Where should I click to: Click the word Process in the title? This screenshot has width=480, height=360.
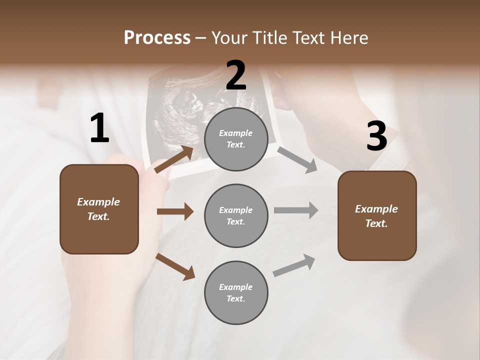point(157,37)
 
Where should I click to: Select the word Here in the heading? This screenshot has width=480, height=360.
point(349,37)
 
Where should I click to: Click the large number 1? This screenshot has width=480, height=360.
point(99,128)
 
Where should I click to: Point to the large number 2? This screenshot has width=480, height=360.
point(236,75)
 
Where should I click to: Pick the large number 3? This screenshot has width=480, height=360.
point(376,136)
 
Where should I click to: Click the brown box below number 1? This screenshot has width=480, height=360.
point(99,209)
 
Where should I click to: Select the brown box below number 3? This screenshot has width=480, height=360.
point(377,215)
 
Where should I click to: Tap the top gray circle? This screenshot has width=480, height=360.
point(236,139)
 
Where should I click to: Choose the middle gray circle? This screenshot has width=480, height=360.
point(236,215)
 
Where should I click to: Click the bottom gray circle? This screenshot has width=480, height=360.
point(236,292)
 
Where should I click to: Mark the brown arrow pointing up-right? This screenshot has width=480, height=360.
point(174,159)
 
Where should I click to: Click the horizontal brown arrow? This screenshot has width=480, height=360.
point(175,211)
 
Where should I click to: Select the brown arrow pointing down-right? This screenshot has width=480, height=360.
point(175,266)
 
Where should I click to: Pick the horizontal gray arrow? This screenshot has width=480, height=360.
point(296,210)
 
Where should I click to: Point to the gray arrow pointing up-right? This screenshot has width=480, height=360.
point(294,265)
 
